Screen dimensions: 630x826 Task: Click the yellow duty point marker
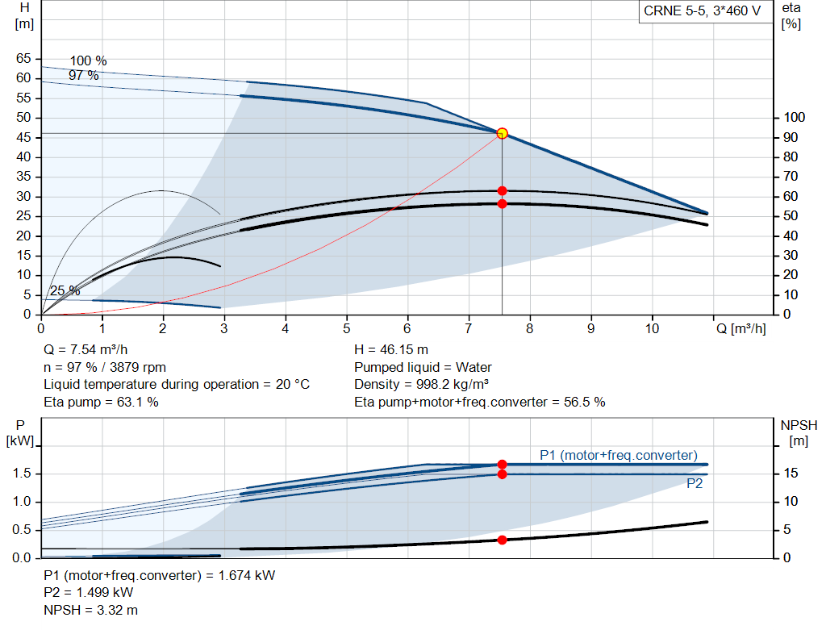tap(502, 133)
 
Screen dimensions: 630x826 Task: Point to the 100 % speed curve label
tap(88, 61)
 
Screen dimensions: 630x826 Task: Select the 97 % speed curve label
tap(83, 75)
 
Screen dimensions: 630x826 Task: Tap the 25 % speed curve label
tap(65, 290)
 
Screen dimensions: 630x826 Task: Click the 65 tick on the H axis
tap(23, 59)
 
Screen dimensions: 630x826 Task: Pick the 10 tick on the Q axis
tap(652, 328)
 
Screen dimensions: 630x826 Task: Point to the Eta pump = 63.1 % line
tap(101, 402)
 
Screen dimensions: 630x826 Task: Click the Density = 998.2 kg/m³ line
tap(422, 384)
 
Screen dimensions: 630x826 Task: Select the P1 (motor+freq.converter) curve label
tap(618, 456)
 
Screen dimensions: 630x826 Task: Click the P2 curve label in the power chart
tap(695, 484)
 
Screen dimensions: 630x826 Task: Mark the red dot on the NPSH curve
tap(502, 540)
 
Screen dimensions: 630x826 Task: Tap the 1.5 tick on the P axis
tap(23, 474)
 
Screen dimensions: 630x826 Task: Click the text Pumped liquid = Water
tap(423, 367)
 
